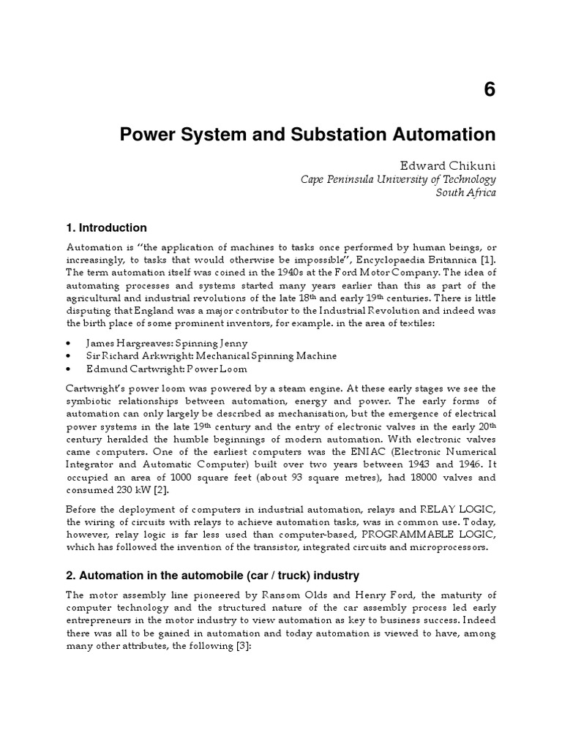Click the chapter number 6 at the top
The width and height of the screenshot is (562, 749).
[x=489, y=90]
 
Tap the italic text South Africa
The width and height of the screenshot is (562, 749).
[x=465, y=193]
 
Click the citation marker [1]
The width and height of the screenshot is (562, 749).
[x=488, y=259]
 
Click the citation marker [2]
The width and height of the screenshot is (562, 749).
[x=158, y=490]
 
